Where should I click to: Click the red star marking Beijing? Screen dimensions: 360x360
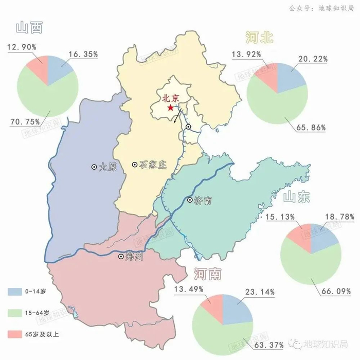point(170,108)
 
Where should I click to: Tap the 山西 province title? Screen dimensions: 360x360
point(29,27)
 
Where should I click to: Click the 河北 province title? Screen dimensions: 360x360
point(259,38)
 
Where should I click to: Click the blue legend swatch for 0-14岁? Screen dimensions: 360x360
point(14,291)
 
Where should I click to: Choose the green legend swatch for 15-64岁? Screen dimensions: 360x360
point(14,312)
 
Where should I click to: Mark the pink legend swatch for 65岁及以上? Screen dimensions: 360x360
point(14,333)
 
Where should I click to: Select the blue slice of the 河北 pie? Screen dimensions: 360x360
point(291,76)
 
